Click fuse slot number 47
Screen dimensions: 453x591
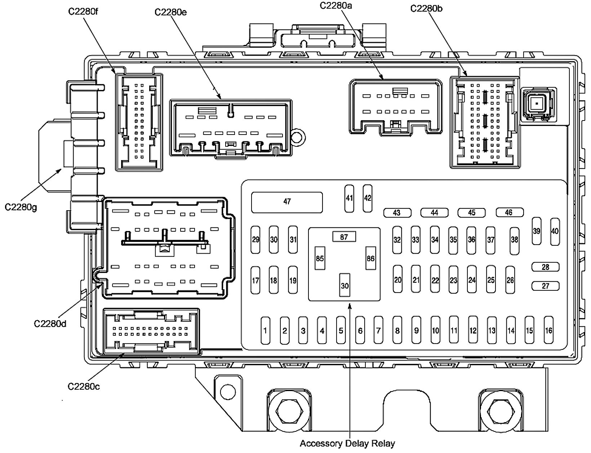tap(287, 202)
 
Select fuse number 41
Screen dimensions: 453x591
tap(349, 198)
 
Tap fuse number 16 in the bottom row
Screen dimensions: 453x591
tap(548, 330)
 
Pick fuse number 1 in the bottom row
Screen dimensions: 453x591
tap(265, 330)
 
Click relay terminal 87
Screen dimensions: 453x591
tap(344, 237)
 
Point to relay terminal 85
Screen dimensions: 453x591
tap(320, 258)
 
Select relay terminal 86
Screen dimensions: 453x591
tap(370, 258)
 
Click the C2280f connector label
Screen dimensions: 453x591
tap(83, 11)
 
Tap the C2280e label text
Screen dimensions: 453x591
tap(171, 12)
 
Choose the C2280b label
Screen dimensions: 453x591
tap(427, 8)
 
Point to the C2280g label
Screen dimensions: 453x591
tap(21, 207)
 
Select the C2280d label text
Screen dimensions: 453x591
tap(50, 323)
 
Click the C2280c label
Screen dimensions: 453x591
tap(84, 386)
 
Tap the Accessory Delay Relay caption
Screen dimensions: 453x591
tap(347, 443)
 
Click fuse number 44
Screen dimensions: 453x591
tap(434, 213)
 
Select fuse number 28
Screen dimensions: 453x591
tap(545, 267)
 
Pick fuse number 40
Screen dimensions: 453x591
tap(555, 231)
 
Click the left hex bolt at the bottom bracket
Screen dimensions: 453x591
tap(288, 410)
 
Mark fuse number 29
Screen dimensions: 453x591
tap(255, 240)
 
